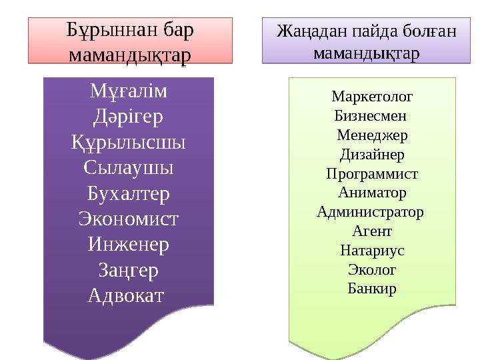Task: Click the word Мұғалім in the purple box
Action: (129, 92)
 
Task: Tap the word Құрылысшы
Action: (129, 143)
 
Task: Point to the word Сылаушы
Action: (129, 168)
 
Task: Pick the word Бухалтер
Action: (129, 193)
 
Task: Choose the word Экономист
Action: (129, 219)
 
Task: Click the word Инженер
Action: (129, 244)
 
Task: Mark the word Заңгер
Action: (129, 270)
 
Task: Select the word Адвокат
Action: (125, 295)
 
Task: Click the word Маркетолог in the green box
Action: (372, 97)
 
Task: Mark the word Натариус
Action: (372, 251)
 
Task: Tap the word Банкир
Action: (372, 289)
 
